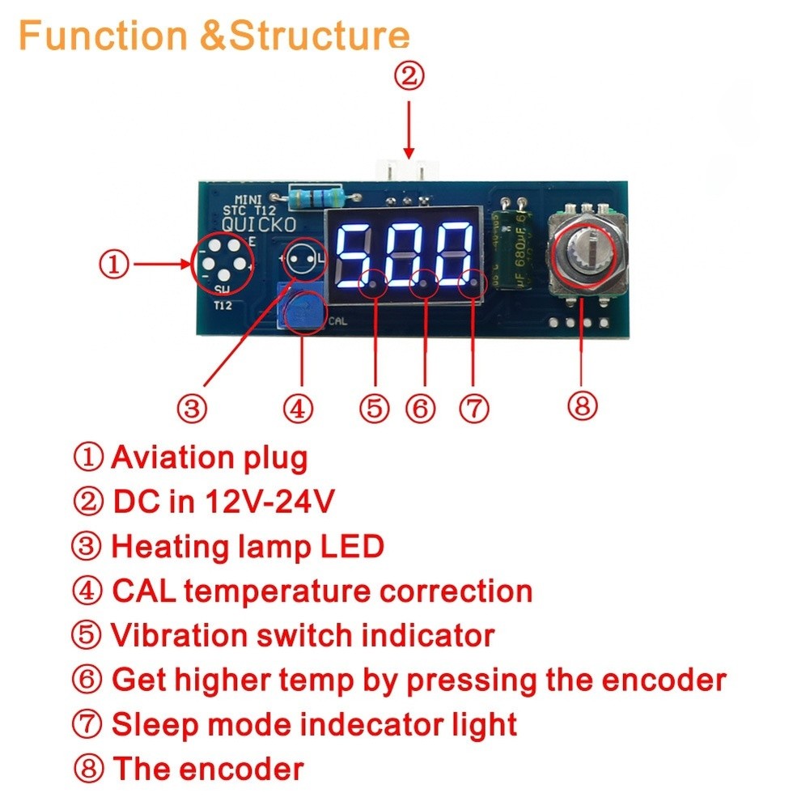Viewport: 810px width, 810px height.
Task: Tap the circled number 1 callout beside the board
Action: click(114, 264)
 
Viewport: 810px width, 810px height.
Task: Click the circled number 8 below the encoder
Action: click(582, 405)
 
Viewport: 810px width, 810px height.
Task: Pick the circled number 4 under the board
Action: click(298, 408)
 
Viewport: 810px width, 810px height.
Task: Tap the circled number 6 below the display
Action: click(421, 408)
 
